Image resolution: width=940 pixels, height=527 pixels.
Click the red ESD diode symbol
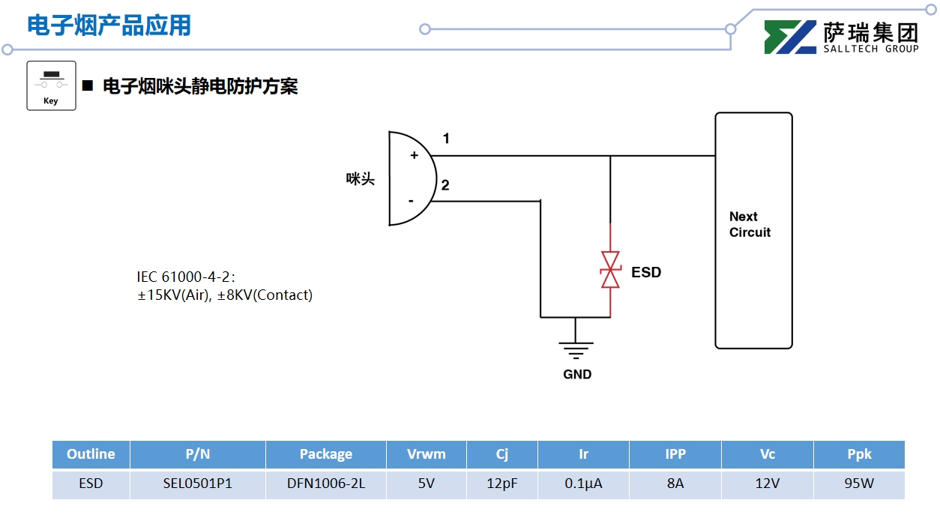[611, 270]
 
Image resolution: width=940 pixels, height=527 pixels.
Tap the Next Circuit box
[753, 230]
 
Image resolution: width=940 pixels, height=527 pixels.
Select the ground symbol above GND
[576, 349]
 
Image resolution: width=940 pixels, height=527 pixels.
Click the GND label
[577, 374]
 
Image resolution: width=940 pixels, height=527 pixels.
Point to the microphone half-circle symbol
[409, 178]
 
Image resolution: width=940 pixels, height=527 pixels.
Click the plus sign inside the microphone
[414, 155]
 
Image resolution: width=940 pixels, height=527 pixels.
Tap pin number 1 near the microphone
[446, 139]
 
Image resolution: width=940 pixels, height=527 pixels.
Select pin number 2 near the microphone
[445, 185]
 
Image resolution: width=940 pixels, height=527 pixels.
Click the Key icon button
[51, 85]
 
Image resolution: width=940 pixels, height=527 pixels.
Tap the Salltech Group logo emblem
[790, 37]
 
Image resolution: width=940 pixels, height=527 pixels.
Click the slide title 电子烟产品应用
[109, 25]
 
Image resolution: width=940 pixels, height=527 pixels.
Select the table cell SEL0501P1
[198, 484]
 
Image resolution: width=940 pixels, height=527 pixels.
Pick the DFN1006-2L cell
[326, 484]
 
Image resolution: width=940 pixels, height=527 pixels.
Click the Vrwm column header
[426, 454]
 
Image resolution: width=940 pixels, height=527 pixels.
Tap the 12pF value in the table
[502, 484]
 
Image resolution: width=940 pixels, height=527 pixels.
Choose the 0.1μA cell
[583, 484]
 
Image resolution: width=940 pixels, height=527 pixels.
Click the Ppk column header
[859, 454]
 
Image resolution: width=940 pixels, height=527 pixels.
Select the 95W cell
[859, 484]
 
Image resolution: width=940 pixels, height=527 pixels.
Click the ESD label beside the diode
[646, 272]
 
